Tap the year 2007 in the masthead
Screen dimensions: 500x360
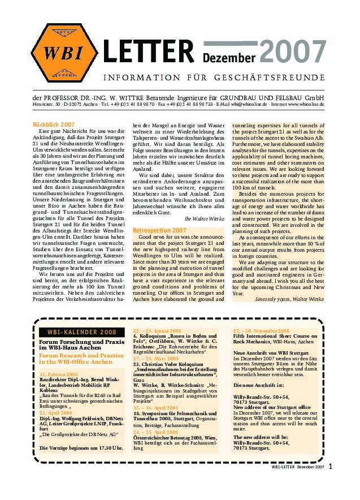(x=292, y=53)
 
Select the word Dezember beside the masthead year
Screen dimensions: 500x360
(x=229, y=57)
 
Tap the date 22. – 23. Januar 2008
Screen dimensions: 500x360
(x=158, y=330)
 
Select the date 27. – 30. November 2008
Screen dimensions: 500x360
(x=261, y=330)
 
